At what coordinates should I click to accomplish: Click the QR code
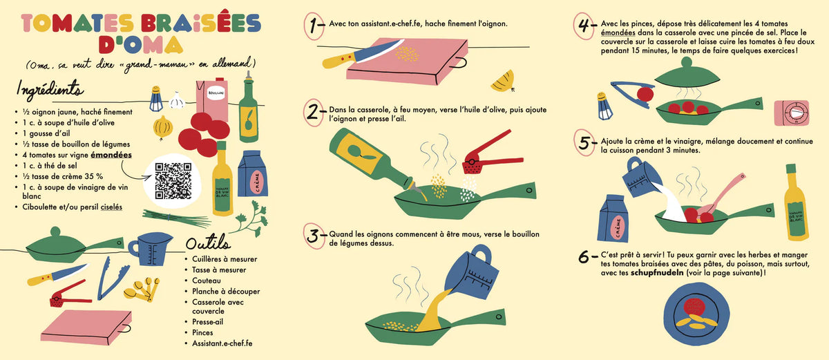[173, 181]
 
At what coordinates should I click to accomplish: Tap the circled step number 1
[314, 26]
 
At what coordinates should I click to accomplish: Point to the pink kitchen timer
[792, 113]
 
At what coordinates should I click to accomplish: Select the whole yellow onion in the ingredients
[163, 128]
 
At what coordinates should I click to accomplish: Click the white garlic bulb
[177, 100]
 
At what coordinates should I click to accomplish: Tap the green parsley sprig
[251, 218]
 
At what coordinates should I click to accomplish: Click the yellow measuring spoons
[142, 290]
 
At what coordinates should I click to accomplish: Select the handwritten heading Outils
[208, 243]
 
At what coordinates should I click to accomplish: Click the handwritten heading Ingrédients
[50, 90]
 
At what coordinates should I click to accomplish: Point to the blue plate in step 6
[696, 314]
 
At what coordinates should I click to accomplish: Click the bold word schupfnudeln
[657, 273]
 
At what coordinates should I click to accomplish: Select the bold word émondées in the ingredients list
[111, 155]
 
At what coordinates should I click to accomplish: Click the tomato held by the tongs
[645, 94]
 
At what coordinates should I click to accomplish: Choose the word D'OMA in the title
[141, 45]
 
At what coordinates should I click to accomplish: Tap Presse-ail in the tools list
[208, 322]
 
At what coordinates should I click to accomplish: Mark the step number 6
[584, 256]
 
